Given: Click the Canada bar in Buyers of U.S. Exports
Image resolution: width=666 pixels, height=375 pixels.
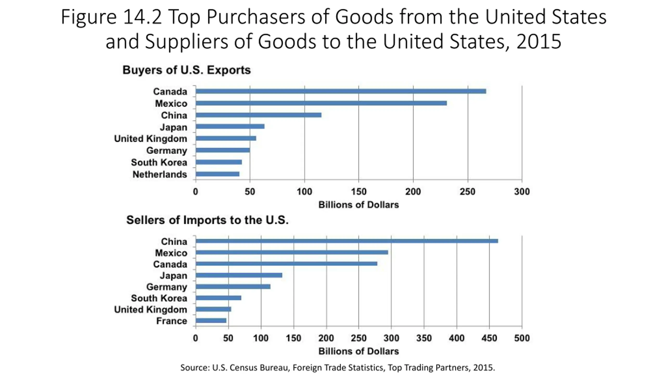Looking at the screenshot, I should point(341,91).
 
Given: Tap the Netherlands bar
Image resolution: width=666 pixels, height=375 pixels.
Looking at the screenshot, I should point(217,174).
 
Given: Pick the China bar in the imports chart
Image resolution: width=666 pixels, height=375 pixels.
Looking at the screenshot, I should point(347,241).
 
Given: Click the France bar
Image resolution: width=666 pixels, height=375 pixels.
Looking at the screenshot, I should point(211,320).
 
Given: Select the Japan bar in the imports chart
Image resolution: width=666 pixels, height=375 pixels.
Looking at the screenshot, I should point(239,275).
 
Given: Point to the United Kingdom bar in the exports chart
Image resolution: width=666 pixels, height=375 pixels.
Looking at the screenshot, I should point(226,138).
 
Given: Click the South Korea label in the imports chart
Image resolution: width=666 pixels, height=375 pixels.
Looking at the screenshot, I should point(159,298).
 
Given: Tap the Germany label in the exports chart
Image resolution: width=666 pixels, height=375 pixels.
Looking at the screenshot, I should point(166,151).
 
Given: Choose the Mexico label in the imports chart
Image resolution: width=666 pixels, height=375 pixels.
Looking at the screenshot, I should point(171,253).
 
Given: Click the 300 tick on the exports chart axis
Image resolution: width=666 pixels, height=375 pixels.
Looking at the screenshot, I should point(522,192).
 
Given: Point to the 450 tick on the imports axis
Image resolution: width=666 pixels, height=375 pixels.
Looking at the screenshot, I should point(489,338).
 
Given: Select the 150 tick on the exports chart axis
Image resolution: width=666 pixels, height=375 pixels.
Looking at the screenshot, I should point(358,192).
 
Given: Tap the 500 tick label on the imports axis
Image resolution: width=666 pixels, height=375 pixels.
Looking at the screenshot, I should point(522,338).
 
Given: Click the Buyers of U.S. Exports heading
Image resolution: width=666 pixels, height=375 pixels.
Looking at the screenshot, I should point(187,70).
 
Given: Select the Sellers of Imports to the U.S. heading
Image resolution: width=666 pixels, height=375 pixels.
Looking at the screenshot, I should point(207,220).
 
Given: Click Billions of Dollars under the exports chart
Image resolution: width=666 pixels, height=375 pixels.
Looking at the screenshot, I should point(358,205).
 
